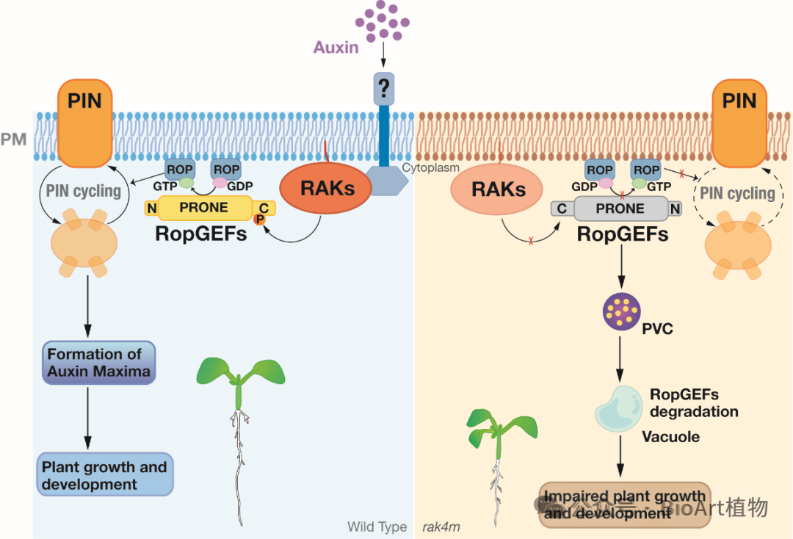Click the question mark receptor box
click(383, 89)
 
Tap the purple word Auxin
click(336, 48)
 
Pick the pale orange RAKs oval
click(499, 189)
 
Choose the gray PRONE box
click(610, 209)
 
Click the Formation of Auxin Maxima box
click(99, 363)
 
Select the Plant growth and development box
click(104, 475)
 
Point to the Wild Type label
click(377, 527)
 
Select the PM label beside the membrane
click(14, 137)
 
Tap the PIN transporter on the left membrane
click(85, 123)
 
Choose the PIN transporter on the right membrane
click(739, 123)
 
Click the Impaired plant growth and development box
click(625, 504)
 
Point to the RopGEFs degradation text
click(694, 403)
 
